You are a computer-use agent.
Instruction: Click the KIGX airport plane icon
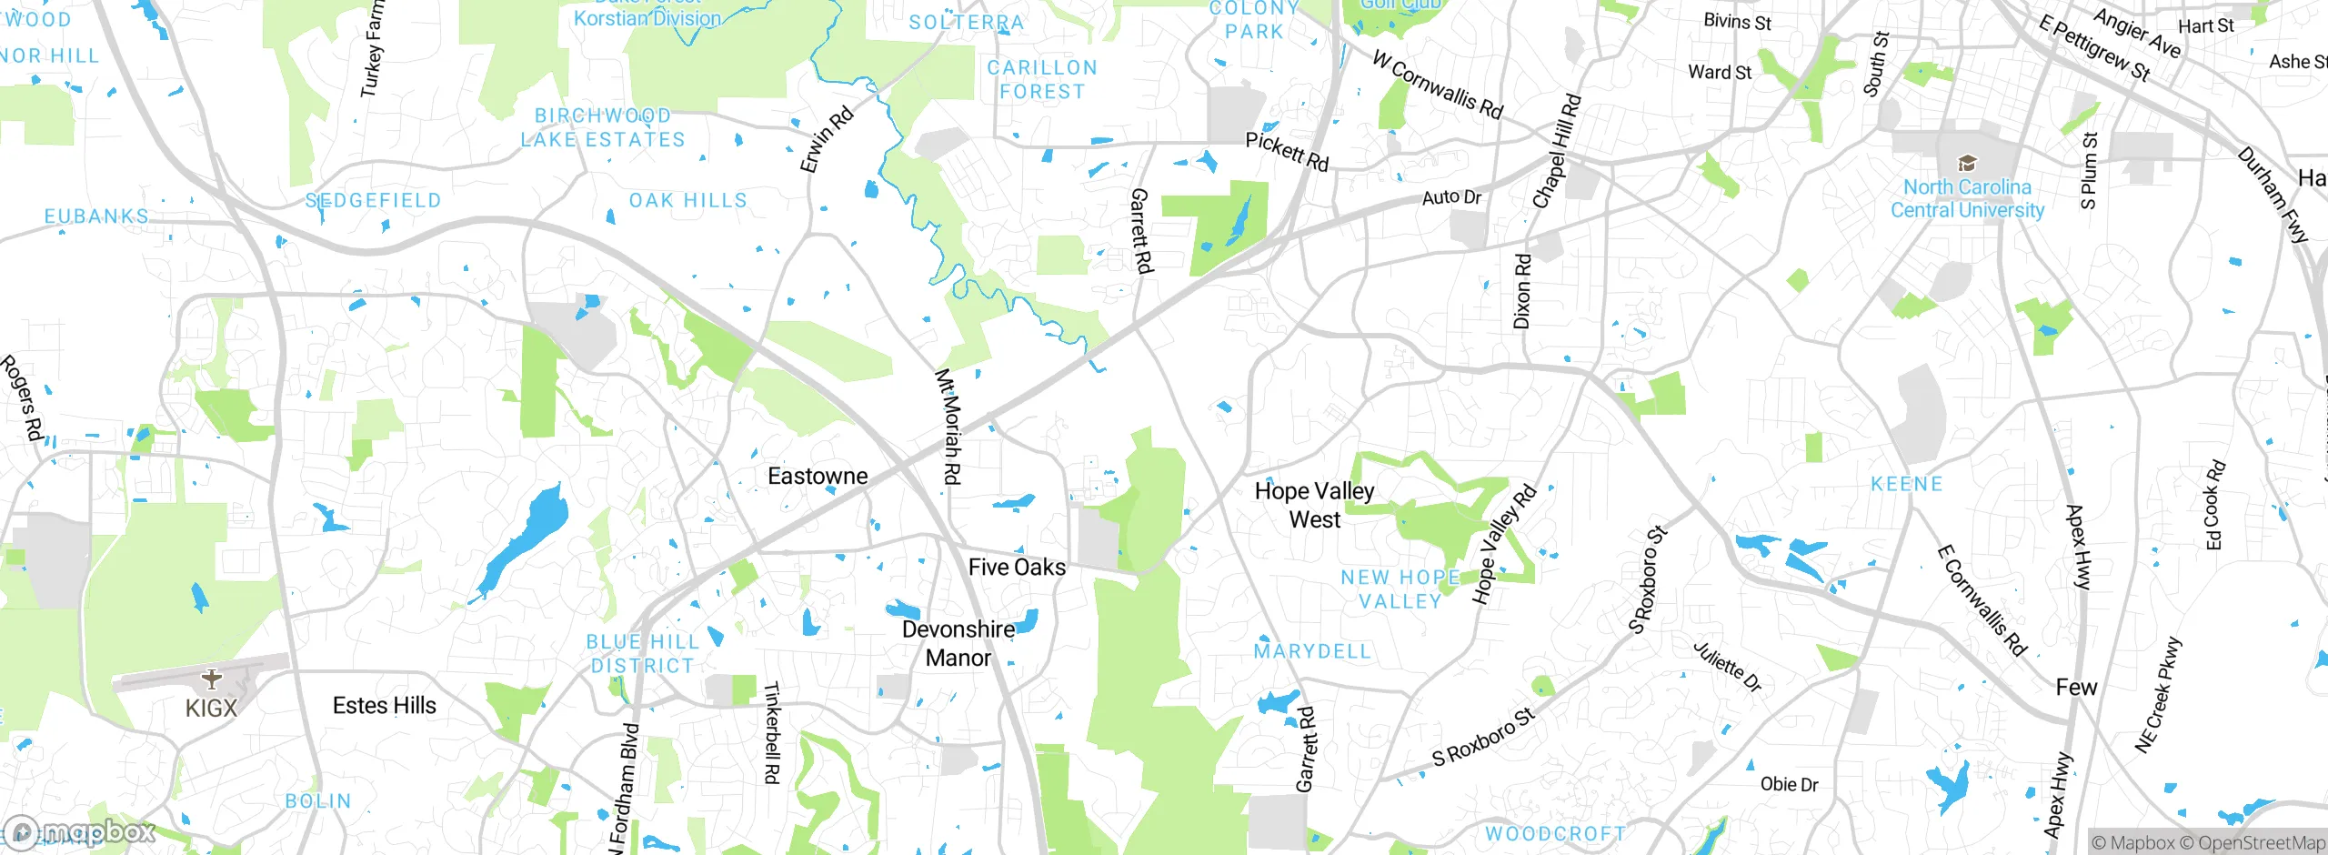click(211, 679)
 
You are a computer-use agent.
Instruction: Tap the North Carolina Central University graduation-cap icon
click(1967, 164)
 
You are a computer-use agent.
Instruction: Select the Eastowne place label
click(818, 476)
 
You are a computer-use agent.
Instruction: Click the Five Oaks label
click(1017, 568)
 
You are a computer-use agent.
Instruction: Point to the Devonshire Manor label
click(958, 643)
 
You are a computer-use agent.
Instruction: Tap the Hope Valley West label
click(1314, 505)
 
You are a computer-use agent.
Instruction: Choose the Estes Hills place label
click(384, 705)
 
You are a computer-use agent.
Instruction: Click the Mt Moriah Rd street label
click(948, 426)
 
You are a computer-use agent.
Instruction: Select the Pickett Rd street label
click(1287, 151)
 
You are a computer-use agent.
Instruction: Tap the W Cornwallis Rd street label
click(1437, 85)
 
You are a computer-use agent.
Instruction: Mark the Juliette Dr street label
click(1727, 667)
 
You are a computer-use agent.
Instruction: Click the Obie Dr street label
click(1789, 784)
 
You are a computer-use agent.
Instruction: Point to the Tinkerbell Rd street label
click(771, 732)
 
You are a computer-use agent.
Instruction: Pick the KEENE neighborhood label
click(1906, 484)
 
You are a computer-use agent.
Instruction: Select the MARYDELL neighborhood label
click(1311, 651)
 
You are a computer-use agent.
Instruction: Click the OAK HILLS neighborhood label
click(687, 200)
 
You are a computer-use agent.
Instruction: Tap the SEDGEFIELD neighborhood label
click(373, 200)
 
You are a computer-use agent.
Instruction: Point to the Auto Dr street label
click(1451, 196)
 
